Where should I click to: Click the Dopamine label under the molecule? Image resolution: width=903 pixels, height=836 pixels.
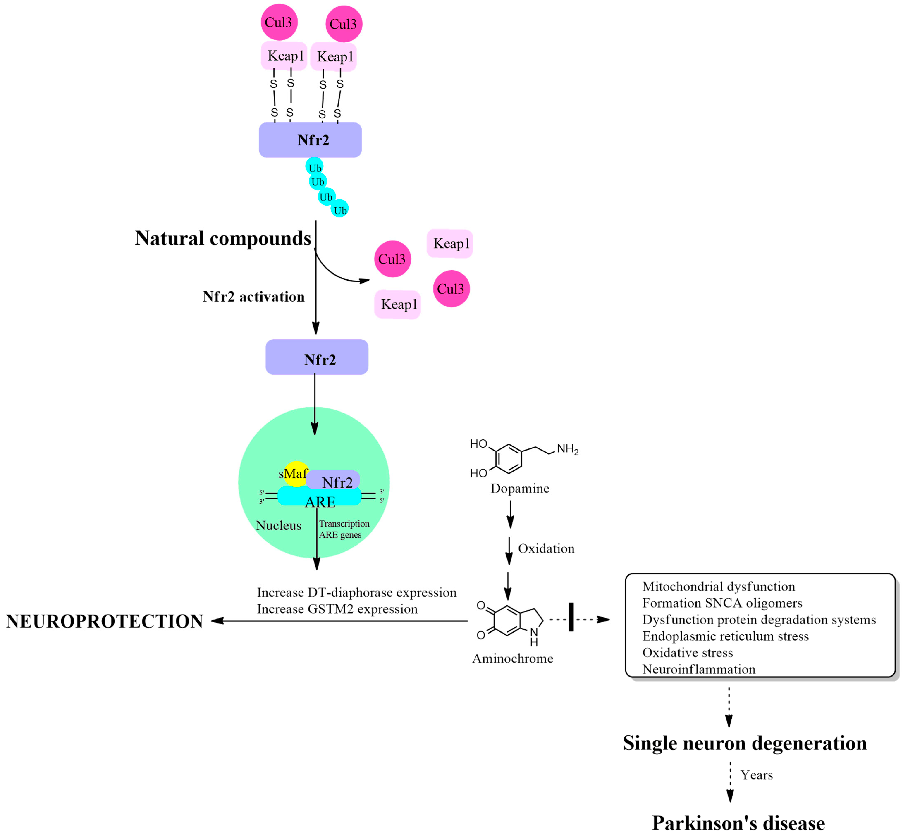(x=520, y=489)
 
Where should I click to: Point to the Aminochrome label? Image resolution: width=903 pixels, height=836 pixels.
(x=512, y=659)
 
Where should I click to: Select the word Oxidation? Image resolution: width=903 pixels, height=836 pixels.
(x=546, y=549)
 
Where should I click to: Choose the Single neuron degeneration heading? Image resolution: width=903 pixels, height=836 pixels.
(x=745, y=743)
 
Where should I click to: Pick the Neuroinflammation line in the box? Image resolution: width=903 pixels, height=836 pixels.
(x=698, y=669)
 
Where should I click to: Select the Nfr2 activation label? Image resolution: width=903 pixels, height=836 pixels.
(x=253, y=297)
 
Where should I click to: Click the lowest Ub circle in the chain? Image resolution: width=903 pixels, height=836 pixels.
(x=340, y=209)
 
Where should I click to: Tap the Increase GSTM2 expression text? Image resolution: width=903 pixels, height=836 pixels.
(x=337, y=609)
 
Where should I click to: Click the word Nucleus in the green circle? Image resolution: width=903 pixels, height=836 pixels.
(x=278, y=525)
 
